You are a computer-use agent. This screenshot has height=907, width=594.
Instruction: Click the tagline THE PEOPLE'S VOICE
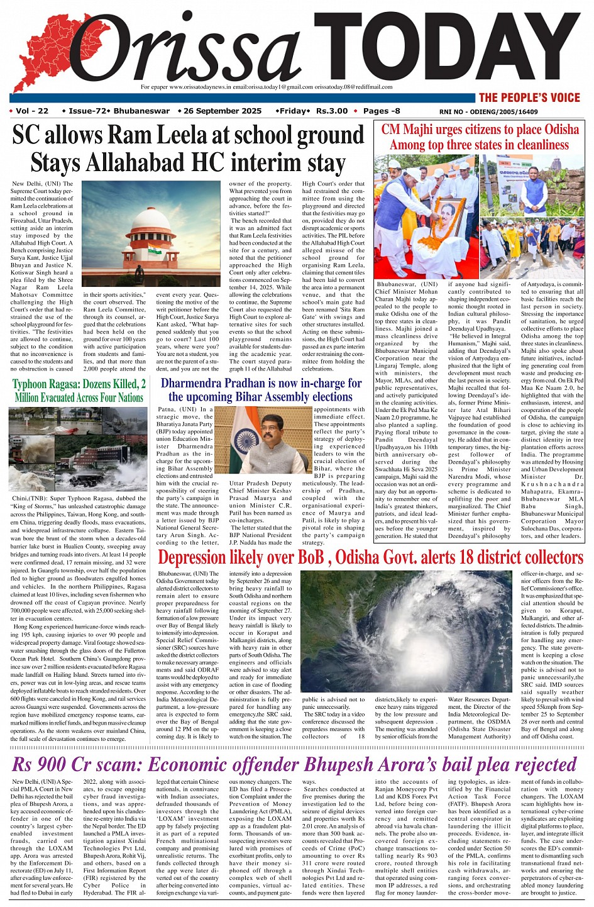click(529, 97)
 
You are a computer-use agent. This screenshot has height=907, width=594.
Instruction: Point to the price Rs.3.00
click(331, 111)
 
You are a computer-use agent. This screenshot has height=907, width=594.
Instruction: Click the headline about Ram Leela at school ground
click(188, 149)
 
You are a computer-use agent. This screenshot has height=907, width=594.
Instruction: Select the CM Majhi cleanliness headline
click(480, 137)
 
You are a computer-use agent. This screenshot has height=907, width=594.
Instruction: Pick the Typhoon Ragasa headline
click(79, 390)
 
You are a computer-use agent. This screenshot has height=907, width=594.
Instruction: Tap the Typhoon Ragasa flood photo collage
click(79, 448)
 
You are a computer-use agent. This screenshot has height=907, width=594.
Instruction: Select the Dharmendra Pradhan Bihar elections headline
click(261, 390)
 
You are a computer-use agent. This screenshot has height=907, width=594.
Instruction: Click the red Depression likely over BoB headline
click(370, 558)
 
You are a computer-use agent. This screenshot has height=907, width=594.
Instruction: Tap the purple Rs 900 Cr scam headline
click(294, 764)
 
